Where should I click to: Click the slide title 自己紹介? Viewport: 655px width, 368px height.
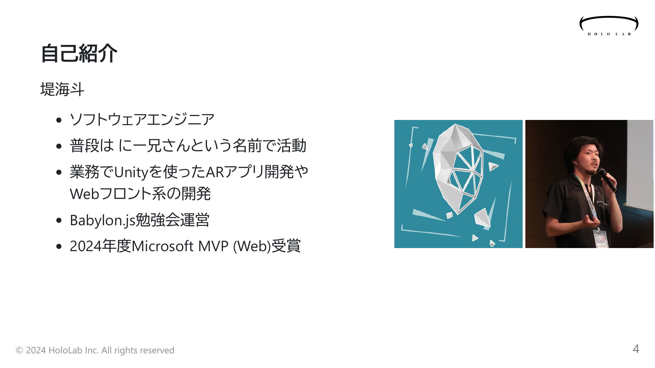[x=79, y=53]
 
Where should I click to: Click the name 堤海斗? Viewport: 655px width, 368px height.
[x=62, y=90]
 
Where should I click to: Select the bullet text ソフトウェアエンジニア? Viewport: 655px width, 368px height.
[x=142, y=119]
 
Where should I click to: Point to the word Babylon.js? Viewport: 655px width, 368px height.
[x=103, y=220]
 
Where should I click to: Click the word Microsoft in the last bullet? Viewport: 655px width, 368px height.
[x=162, y=246]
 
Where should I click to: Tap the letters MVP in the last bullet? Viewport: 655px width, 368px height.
[x=213, y=246]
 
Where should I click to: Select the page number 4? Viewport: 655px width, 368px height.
[x=636, y=349]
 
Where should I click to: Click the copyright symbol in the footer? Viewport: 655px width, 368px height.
[x=19, y=350]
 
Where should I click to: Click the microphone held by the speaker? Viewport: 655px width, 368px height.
[x=607, y=180]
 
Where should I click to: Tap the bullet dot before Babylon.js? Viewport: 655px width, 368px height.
[x=59, y=220]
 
